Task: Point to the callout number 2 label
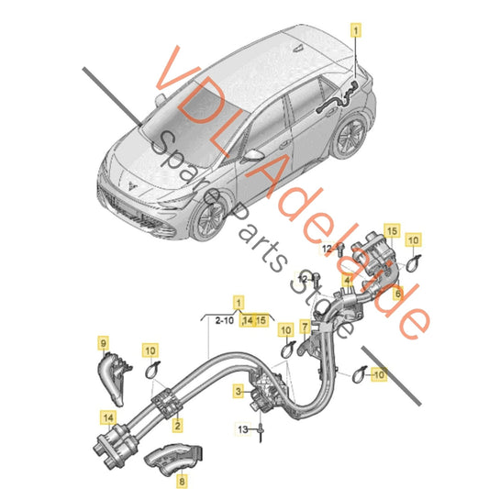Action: (x=176, y=425)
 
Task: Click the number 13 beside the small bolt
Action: (x=242, y=428)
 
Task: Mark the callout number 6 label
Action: (x=397, y=294)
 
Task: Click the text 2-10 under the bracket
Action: (x=223, y=320)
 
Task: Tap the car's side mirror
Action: (x=250, y=156)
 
